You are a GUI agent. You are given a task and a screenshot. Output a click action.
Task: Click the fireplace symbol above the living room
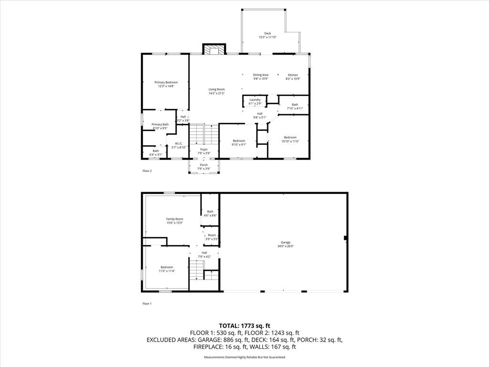pyautogui.click(x=214, y=49)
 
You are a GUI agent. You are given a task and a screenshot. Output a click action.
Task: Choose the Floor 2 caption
pyautogui.click(x=147, y=171)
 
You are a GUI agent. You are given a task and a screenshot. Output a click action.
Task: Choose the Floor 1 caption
pyautogui.click(x=147, y=303)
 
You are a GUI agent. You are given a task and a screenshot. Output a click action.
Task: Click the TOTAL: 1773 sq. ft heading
pyautogui.click(x=244, y=326)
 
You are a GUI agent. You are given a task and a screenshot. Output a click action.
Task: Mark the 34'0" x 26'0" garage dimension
pyautogui.click(x=286, y=246)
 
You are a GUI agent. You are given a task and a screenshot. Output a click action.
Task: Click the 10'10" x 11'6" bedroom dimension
pyautogui.click(x=290, y=141)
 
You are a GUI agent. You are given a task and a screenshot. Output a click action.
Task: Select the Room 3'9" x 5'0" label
pyautogui.click(x=212, y=237)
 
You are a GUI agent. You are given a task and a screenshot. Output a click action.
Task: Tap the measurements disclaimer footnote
pyautogui.click(x=244, y=357)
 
